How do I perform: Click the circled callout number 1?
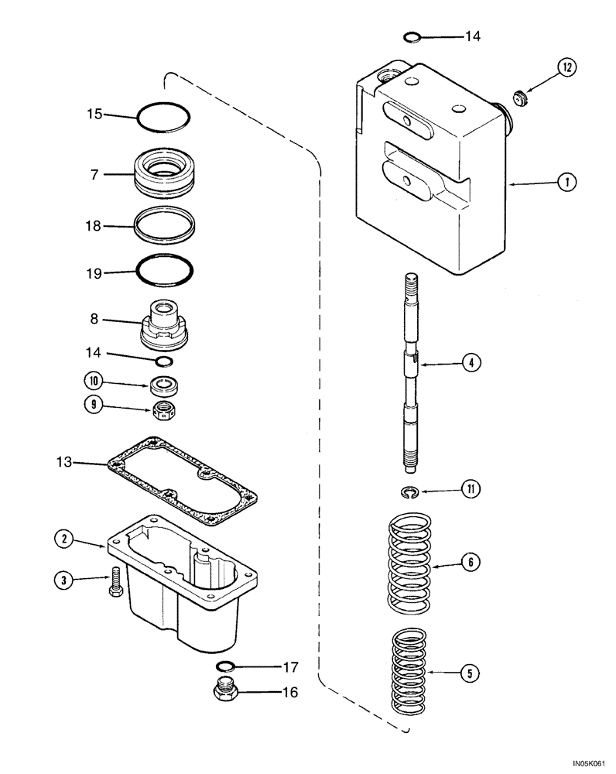[567, 183]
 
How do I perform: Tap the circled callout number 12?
[567, 68]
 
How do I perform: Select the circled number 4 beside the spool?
[470, 361]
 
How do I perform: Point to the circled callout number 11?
[470, 488]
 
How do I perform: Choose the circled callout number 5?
[470, 673]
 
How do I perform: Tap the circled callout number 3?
[63, 578]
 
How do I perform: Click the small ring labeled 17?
[226, 666]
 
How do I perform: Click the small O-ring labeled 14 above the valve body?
[414, 36]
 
